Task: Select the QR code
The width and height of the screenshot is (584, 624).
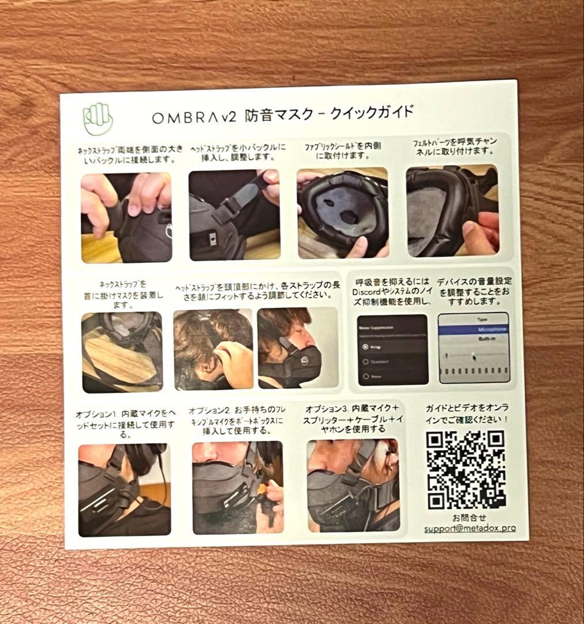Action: click(466, 469)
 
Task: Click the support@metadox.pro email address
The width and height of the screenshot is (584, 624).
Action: click(470, 528)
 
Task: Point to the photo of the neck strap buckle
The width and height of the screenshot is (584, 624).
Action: click(126, 217)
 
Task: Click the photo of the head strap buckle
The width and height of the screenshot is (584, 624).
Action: click(234, 214)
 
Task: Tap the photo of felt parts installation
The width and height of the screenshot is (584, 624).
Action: click(452, 211)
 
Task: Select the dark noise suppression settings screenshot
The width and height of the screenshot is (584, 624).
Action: click(392, 350)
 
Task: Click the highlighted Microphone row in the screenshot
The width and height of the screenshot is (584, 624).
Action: click(474, 329)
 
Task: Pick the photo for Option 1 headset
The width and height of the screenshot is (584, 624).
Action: click(124, 489)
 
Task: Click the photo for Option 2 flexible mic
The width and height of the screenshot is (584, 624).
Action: click(238, 487)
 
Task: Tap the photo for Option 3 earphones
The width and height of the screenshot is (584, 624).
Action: click(353, 485)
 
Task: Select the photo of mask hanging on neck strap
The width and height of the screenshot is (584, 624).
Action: click(122, 352)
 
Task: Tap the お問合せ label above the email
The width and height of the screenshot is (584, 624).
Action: click(469, 517)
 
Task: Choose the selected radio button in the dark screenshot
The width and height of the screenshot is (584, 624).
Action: click(365, 347)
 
